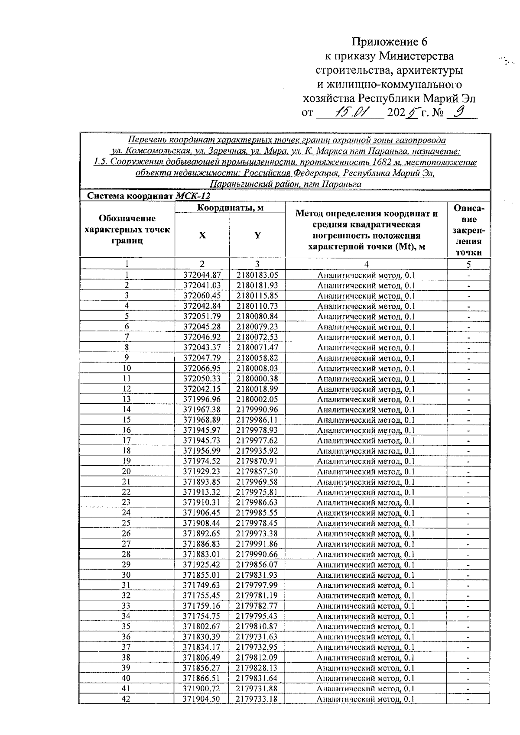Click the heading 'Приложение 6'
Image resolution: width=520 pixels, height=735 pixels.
point(390,42)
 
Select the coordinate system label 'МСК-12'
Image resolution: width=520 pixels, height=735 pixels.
point(193,196)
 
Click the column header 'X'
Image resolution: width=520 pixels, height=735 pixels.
point(202,235)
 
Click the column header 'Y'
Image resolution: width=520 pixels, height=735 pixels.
point(257,235)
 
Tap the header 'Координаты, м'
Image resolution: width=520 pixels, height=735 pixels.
point(230,208)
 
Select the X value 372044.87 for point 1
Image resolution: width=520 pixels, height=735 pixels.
point(202,275)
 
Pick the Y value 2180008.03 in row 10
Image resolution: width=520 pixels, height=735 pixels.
point(257,368)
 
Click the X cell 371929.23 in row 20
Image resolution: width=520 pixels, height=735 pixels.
point(202,472)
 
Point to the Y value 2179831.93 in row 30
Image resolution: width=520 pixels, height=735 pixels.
point(257,575)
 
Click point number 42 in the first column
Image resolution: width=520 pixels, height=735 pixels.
point(126,699)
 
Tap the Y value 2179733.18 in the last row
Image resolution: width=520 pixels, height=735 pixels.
point(257,699)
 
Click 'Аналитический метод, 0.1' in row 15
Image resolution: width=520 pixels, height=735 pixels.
point(366,420)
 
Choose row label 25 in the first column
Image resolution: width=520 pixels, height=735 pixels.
point(126,523)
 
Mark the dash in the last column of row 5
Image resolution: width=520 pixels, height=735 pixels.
point(469,317)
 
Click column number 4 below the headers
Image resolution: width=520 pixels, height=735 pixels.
point(366,264)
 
